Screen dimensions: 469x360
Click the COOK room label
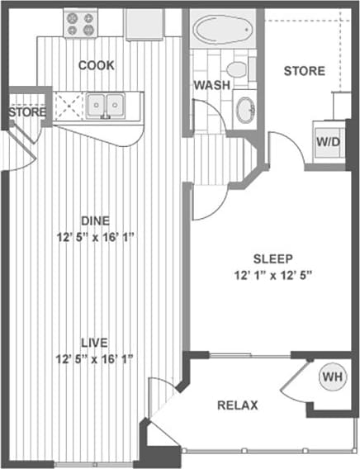[x=97, y=65]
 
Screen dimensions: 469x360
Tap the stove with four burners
[x=81, y=23]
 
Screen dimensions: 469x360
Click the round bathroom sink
[x=244, y=109]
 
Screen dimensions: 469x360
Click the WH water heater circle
[x=333, y=377]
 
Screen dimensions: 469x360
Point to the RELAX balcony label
[x=238, y=405]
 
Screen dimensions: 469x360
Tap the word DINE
[x=96, y=220]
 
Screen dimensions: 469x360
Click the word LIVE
[x=95, y=342]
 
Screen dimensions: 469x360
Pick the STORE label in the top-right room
[x=304, y=71]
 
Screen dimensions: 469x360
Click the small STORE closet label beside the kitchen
[x=26, y=111]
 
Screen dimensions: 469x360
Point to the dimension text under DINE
[x=95, y=236]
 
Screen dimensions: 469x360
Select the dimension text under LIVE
[x=95, y=358]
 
